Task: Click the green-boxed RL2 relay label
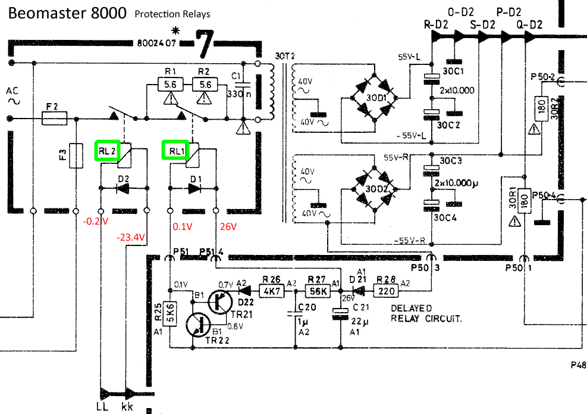point(106,151)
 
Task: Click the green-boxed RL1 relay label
point(175,151)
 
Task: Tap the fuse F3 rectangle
point(77,155)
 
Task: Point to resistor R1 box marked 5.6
point(170,85)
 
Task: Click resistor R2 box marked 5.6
point(205,85)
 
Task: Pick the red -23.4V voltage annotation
point(131,237)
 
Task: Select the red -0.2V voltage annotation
point(95,221)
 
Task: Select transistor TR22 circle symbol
point(198,325)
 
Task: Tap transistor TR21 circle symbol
point(221,301)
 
